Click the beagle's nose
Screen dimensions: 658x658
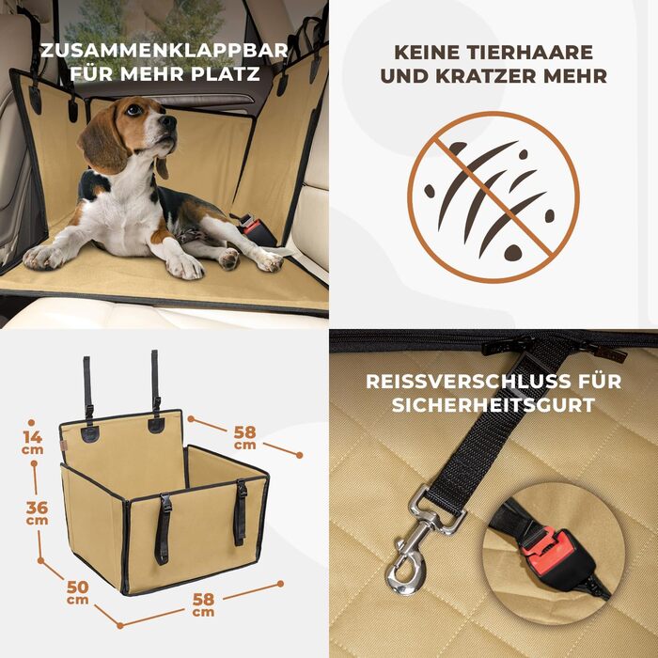click(x=168, y=122)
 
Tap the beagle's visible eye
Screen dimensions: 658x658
click(x=133, y=110)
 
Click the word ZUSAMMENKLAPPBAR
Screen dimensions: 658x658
click(x=164, y=51)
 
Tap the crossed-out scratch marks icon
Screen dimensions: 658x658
click(x=493, y=197)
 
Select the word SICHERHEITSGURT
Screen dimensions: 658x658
click(x=493, y=405)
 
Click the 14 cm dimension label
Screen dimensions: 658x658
click(x=32, y=443)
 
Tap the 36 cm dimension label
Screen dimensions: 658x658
click(x=37, y=513)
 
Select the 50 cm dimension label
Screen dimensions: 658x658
click(x=78, y=592)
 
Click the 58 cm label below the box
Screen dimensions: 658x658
click(x=203, y=604)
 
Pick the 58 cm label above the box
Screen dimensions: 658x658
click(x=244, y=437)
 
